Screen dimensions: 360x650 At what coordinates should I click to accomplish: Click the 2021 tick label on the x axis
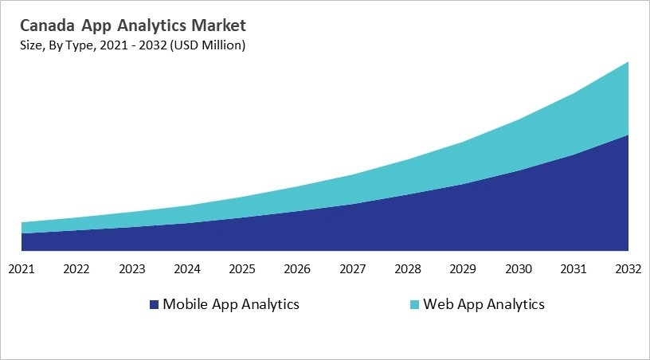click(x=22, y=268)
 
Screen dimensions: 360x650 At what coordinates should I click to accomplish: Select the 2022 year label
click(x=76, y=268)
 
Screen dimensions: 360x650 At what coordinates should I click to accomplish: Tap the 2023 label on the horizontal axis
click(x=131, y=268)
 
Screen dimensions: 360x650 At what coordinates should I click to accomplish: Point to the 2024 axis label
click(x=187, y=268)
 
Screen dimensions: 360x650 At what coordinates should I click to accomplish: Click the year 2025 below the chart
click(x=242, y=268)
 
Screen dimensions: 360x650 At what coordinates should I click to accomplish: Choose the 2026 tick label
click(x=297, y=268)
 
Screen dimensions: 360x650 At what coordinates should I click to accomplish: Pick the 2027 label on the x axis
click(x=353, y=268)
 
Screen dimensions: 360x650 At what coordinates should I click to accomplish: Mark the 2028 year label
click(x=408, y=268)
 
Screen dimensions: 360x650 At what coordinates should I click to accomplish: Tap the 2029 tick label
click(x=463, y=268)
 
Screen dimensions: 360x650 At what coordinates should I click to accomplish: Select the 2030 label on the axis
click(x=519, y=268)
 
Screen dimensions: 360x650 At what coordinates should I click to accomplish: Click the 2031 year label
click(x=574, y=268)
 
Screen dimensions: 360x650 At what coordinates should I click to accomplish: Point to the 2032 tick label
click(x=628, y=268)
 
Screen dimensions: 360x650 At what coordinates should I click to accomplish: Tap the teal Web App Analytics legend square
click(x=414, y=305)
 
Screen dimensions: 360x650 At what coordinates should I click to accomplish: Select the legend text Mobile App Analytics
click(x=231, y=304)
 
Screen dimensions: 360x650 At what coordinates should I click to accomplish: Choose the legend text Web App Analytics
click(x=484, y=304)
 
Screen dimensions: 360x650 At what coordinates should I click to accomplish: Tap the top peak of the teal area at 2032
click(x=628, y=63)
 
